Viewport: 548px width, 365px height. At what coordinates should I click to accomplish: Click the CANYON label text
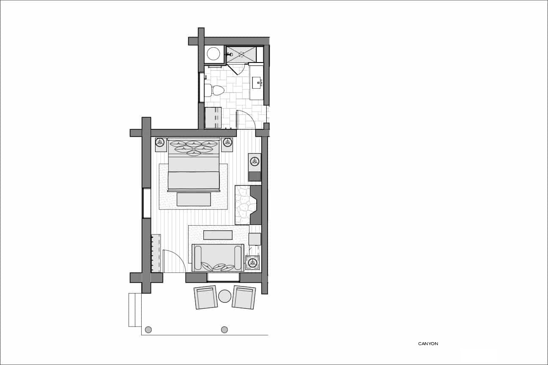coord(428,343)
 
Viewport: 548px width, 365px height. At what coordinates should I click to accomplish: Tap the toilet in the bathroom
coord(214,90)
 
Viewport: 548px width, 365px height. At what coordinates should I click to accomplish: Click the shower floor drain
coord(241,54)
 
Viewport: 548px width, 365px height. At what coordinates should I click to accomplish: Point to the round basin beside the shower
coord(214,54)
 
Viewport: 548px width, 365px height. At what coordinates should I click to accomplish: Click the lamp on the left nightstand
coord(160,142)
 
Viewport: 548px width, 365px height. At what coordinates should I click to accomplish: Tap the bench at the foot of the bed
coord(194,199)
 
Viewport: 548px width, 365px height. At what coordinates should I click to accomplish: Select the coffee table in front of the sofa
coord(218,235)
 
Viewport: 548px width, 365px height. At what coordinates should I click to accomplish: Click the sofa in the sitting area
coord(218,258)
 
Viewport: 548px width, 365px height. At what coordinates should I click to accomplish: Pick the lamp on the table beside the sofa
coord(252,263)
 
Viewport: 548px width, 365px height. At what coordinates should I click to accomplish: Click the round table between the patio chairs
coord(225,296)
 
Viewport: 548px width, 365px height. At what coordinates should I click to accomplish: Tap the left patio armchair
coord(206,297)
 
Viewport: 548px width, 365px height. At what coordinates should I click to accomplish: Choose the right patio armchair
coord(244,297)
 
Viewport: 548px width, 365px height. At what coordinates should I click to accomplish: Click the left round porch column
coord(148,330)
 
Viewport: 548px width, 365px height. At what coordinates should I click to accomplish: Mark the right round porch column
coord(225,330)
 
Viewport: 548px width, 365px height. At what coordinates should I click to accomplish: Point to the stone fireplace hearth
coord(242,205)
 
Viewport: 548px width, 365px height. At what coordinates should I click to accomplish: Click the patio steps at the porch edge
coord(135,310)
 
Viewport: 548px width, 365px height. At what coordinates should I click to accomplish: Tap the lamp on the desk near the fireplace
coord(255,161)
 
